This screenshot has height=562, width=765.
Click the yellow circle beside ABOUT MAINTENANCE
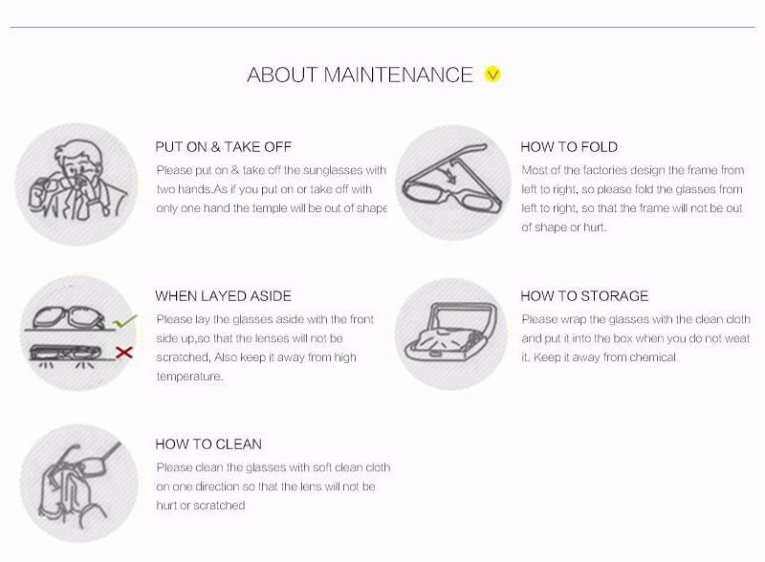tap(492, 75)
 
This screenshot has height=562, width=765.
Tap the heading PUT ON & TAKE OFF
tap(223, 147)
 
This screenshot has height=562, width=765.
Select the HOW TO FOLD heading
tap(569, 147)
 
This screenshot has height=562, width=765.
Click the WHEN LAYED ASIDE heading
tap(223, 295)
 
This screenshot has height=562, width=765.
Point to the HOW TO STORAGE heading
tap(584, 295)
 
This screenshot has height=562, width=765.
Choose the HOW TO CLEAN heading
tap(208, 443)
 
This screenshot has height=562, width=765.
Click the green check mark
tap(124, 321)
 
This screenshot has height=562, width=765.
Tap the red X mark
tap(124, 352)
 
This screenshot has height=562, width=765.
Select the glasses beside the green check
tap(69, 317)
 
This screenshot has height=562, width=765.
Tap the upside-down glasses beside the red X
tap(66, 353)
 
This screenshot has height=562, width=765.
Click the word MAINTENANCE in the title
tap(398, 75)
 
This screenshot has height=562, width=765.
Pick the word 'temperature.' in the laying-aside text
tap(189, 377)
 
